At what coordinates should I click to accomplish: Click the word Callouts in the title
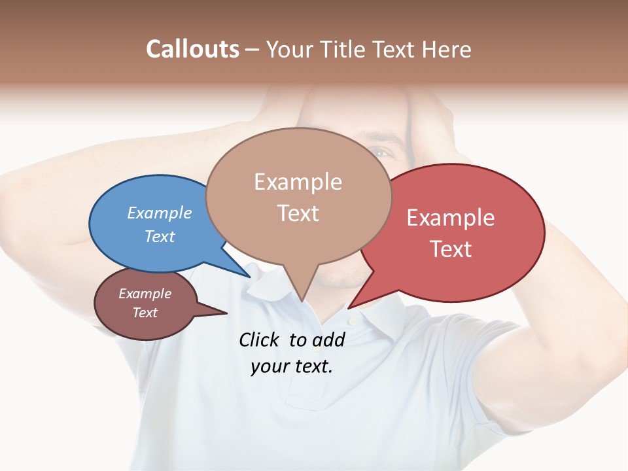192,49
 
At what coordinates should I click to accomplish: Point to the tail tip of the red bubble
349,307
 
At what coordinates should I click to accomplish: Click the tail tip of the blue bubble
250,277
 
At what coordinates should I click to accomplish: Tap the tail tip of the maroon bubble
227,313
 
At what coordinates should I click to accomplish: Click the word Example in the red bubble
450,218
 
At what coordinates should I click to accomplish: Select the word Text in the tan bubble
298,213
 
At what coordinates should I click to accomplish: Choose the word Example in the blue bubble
160,213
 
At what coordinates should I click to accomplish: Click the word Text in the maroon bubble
145,313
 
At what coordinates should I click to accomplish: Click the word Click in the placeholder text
260,340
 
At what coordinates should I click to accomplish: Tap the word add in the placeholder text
328,340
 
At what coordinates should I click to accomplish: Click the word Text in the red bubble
451,249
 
